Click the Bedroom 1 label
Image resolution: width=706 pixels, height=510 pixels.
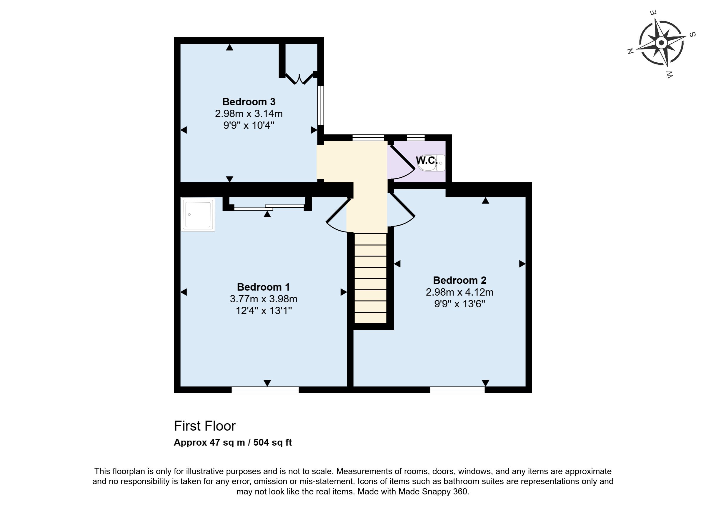(263, 286)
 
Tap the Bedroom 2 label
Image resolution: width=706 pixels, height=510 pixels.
(459, 280)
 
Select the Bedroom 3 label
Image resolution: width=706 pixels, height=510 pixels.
(249, 102)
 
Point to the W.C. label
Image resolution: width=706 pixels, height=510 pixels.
(427, 160)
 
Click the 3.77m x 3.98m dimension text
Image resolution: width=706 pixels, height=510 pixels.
(264, 299)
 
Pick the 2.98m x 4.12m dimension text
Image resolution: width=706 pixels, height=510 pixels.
(459, 292)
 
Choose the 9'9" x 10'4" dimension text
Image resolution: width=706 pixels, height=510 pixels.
(249, 125)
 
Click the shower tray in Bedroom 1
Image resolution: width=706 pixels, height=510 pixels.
(198, 215)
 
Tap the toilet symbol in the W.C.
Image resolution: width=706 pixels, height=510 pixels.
(432, 163)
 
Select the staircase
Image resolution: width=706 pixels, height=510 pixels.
(370, 278)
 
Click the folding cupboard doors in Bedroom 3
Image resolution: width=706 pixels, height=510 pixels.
(299, 79)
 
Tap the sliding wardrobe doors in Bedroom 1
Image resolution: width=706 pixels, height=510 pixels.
(269, 207)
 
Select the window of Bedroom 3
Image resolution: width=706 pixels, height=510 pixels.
(321, 106)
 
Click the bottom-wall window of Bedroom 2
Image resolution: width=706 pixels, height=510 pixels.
(457, 390)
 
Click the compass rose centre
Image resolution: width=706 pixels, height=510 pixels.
(662, 43)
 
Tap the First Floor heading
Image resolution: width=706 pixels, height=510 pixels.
(205, 426)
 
